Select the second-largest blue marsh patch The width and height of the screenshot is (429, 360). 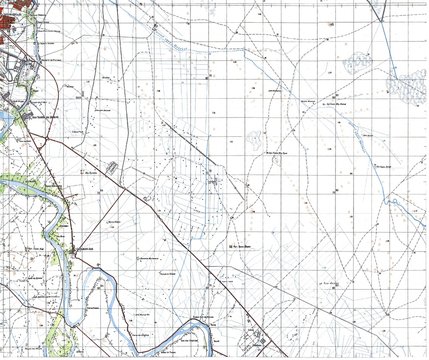pos(357,64)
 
